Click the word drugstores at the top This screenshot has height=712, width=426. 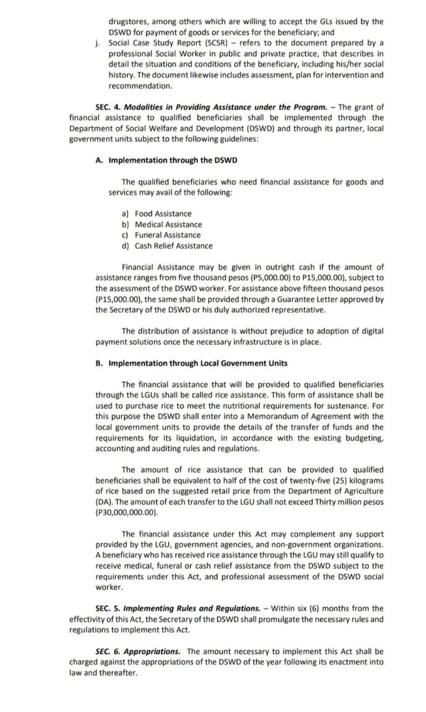tap(129, 22)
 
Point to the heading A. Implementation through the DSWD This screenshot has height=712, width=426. tap(166, 160)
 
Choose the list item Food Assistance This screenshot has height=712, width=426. tap(163, 214)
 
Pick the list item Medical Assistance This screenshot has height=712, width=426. tap(168, 225)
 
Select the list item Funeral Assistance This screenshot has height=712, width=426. tap(168, 235)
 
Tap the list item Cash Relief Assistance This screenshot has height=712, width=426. tap(173, 246)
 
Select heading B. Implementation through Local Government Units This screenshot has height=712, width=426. tap(192, 363)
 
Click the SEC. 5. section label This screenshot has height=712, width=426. tap(107, 609)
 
